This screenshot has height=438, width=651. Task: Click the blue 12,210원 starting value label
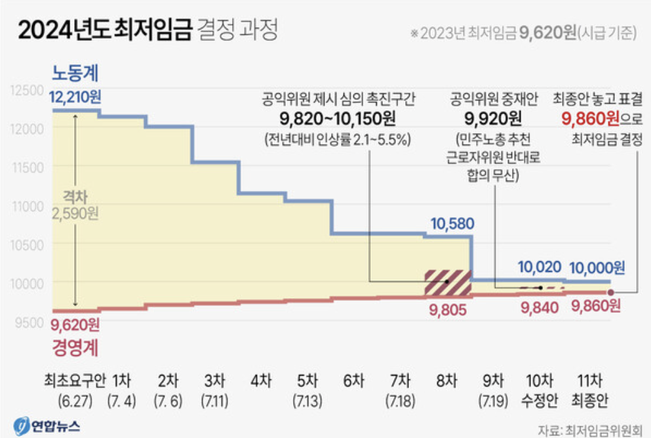point(75,99)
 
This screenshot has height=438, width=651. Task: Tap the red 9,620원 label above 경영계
point(75,324)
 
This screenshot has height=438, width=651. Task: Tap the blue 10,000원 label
point(597,268)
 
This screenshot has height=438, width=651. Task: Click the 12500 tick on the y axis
point(27,90)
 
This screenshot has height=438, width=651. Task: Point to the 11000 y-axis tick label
point(27,206)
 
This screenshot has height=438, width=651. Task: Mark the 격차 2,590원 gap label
point(75,205)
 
